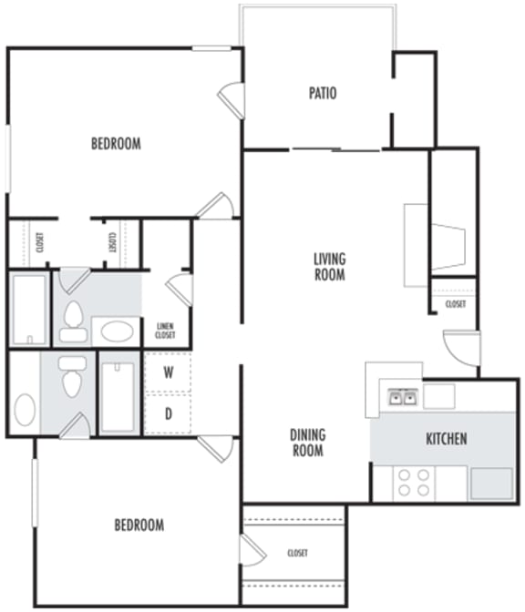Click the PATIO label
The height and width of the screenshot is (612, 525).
[322, 92]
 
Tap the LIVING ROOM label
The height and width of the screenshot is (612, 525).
[329, 266]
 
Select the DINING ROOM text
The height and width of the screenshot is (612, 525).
[307, 443]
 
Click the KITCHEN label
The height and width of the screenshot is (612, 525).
[446, 439]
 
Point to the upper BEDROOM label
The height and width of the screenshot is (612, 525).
[116, 143]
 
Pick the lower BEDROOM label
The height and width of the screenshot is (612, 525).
[139, 525]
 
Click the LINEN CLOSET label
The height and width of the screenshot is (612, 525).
[165, 330]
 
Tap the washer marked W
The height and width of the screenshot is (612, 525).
[169, 372]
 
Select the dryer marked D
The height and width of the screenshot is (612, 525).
[169, 414]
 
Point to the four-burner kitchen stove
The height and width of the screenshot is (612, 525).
[413, 482]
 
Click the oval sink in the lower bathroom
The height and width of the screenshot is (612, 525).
[25, 411]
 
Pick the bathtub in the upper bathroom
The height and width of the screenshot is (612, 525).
[29, 310]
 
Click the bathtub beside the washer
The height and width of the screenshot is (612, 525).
[118, 396]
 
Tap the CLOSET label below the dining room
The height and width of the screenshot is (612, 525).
[297, 553]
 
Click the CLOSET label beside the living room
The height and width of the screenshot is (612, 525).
[455, 304]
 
